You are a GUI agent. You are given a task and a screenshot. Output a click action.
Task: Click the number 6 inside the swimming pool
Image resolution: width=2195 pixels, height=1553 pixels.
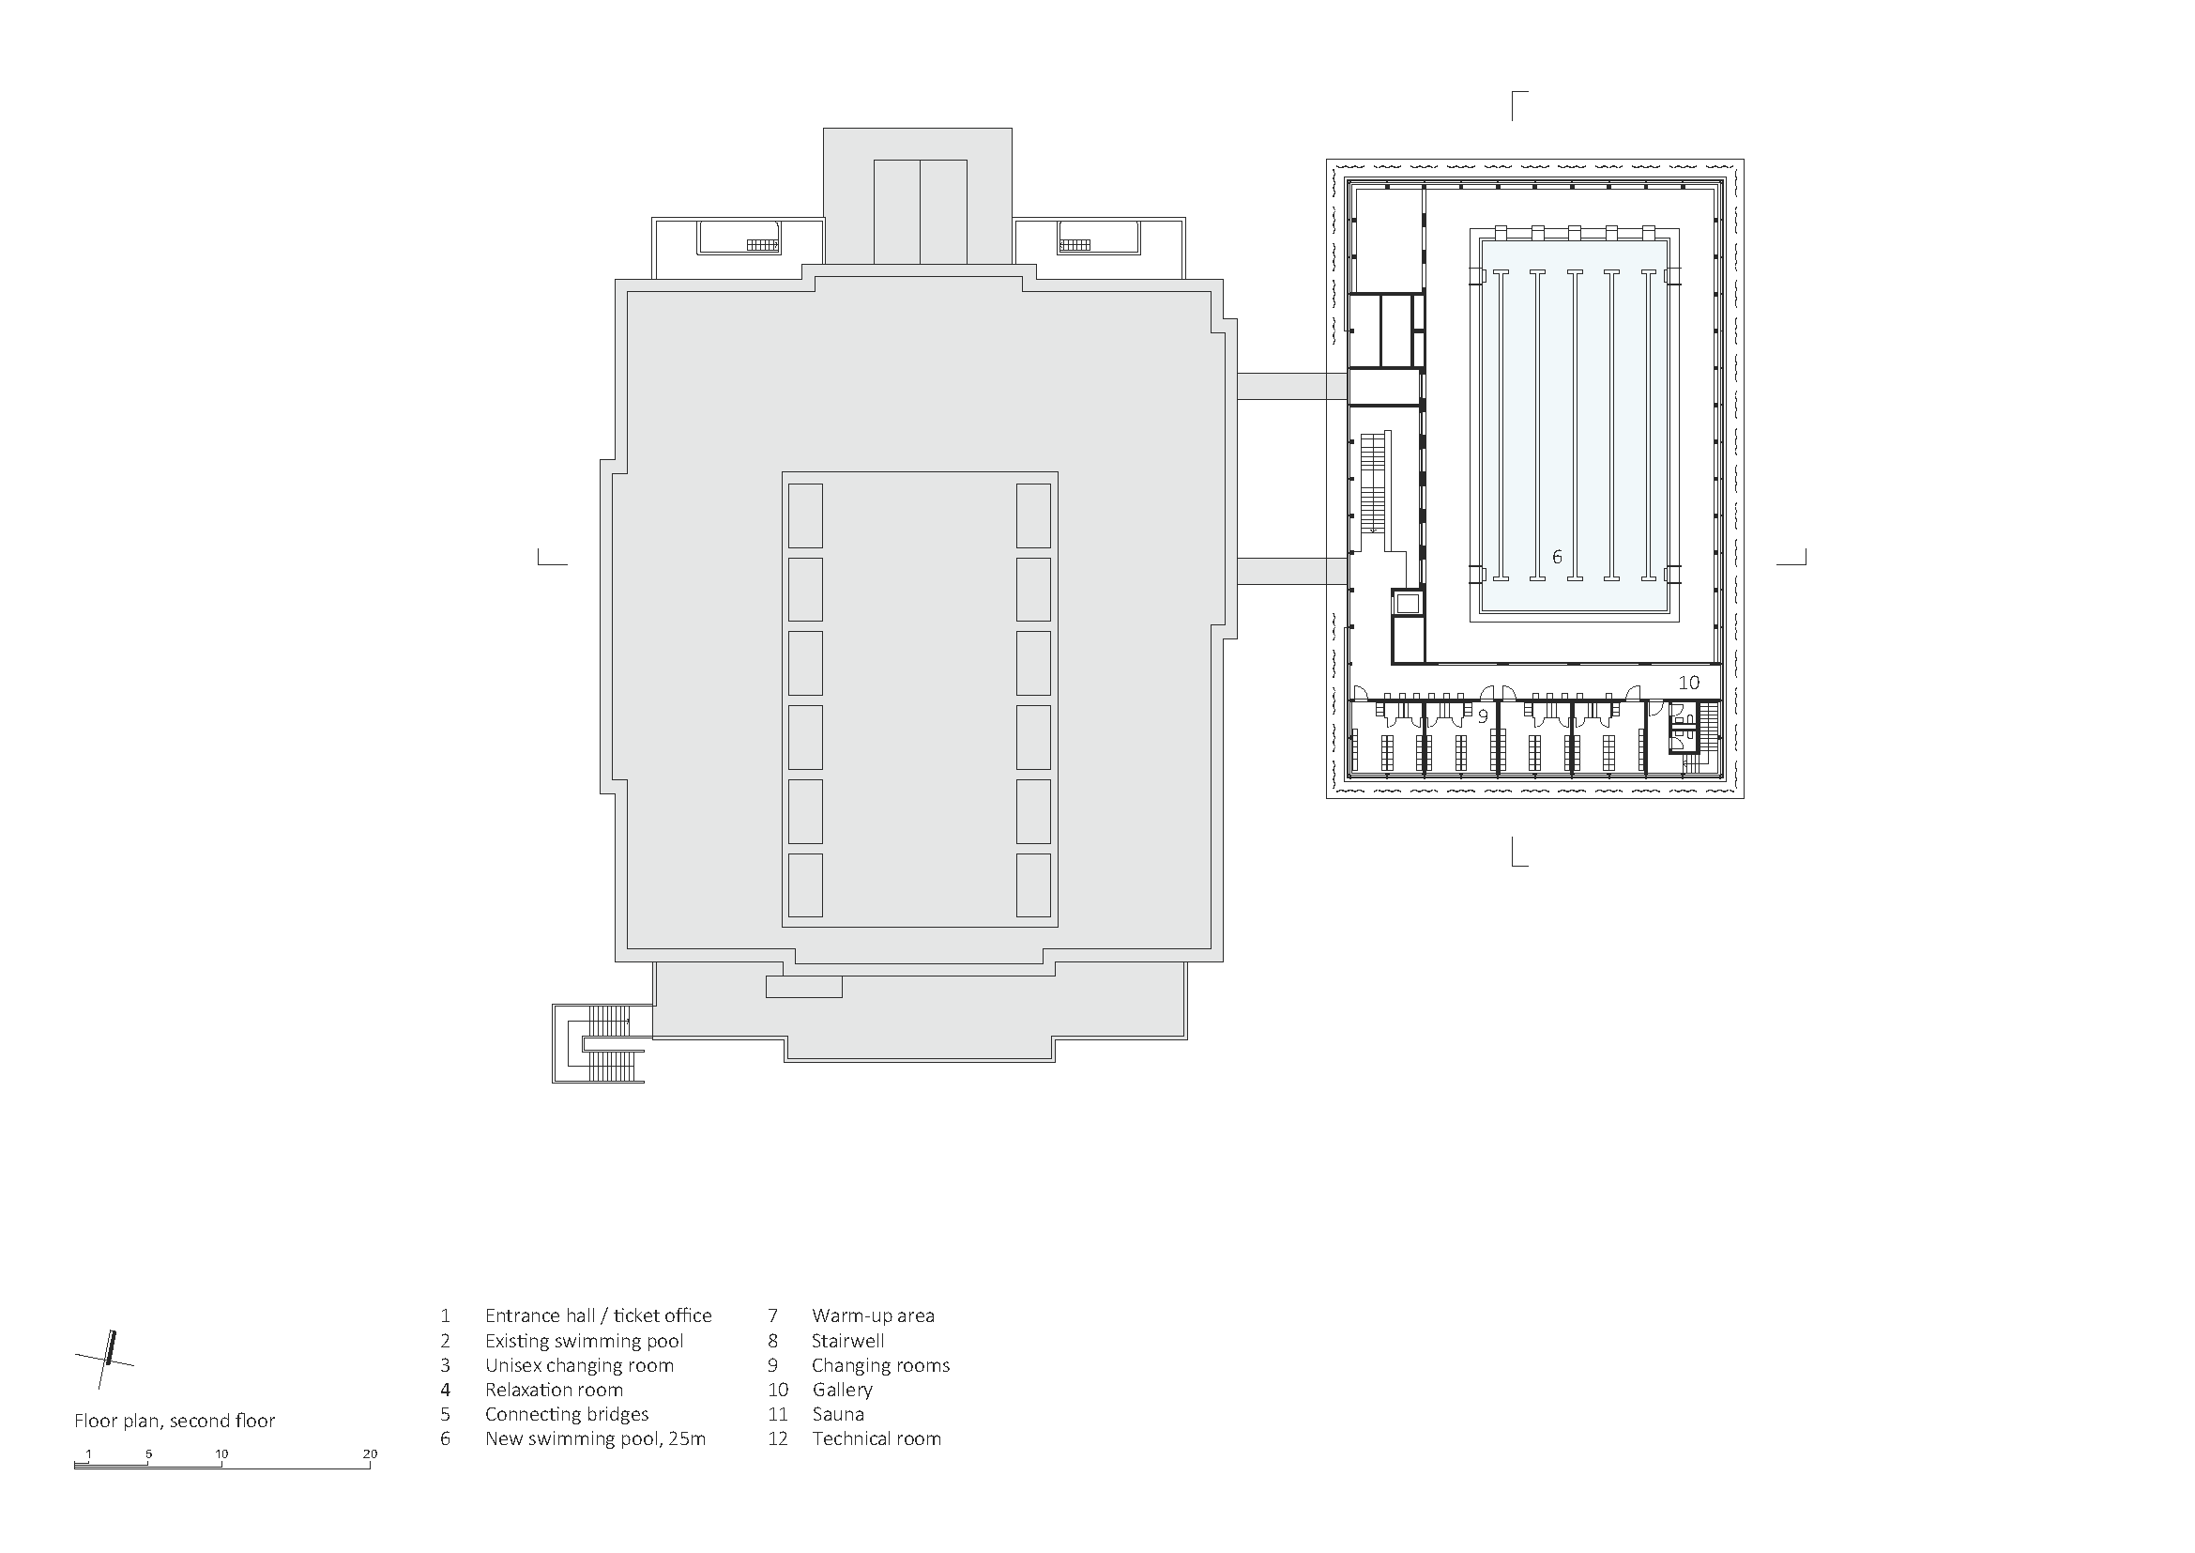tap(1556, 557)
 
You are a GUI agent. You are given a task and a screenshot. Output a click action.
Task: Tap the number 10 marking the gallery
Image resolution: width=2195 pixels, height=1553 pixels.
tap(1689, 683)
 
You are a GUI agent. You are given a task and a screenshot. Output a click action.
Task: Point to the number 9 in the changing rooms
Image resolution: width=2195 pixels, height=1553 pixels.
tap(1483, 715)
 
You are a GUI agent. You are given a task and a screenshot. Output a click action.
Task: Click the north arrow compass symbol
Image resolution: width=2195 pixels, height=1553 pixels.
tap(105, 1359)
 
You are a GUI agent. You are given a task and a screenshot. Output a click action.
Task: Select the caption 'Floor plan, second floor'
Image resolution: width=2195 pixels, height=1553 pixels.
tap(175, 1421)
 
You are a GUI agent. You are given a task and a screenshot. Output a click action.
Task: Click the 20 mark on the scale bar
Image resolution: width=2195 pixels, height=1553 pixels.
tap(370, 1454)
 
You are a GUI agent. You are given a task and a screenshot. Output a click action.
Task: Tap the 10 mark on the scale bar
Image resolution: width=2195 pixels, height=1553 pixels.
tap(221, 1454)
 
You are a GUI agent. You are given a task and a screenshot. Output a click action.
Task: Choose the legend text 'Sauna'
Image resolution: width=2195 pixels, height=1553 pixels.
tap(838, 1414)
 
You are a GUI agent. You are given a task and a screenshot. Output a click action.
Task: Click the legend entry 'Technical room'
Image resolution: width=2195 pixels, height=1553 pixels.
tap(876, 1439)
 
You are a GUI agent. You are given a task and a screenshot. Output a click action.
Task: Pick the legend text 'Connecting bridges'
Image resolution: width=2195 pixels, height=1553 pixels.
tap(567, 1414)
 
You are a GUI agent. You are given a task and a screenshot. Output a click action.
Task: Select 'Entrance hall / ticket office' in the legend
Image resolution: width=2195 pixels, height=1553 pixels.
tap(599, 1315)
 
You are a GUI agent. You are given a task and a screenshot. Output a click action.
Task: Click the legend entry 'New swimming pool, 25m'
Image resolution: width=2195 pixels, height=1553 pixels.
tap(596, 1439)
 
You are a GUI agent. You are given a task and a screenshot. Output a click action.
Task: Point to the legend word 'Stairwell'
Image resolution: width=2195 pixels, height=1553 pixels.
tap(848, 1341)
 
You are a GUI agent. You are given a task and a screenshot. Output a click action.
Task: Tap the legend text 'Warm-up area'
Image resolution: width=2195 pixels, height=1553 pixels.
tap(874, 1315)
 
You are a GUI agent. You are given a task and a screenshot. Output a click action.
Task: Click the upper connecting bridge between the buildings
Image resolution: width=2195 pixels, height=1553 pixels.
tap(1292, 386)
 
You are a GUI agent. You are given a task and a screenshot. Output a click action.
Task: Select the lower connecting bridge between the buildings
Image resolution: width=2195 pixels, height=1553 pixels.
tap(1292, 571)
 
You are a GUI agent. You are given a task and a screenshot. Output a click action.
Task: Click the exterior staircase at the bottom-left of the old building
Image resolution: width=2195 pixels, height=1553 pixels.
tap(600, 1042)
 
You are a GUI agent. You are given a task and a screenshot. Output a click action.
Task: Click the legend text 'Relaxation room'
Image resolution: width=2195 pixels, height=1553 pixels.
tap(554, 1390)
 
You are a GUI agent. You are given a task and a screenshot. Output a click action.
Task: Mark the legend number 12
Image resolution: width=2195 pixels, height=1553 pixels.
tap(778, 1439)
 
